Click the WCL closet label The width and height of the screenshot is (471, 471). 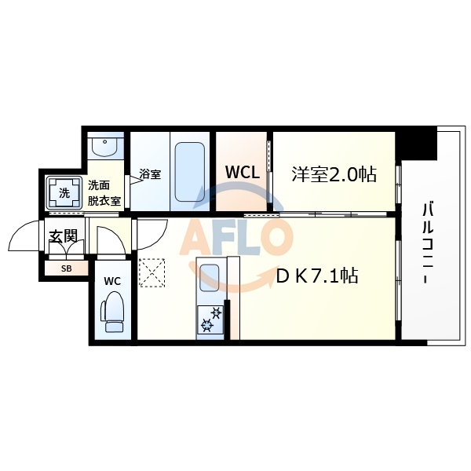tap(243, 172)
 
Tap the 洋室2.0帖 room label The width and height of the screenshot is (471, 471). tap(334, 173)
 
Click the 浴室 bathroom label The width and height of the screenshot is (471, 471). tap(150, 173)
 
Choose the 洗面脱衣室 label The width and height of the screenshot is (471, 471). tap(104, 192)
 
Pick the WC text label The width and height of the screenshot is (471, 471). tap(111, 280)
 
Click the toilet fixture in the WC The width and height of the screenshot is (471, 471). tap(111, 313)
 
